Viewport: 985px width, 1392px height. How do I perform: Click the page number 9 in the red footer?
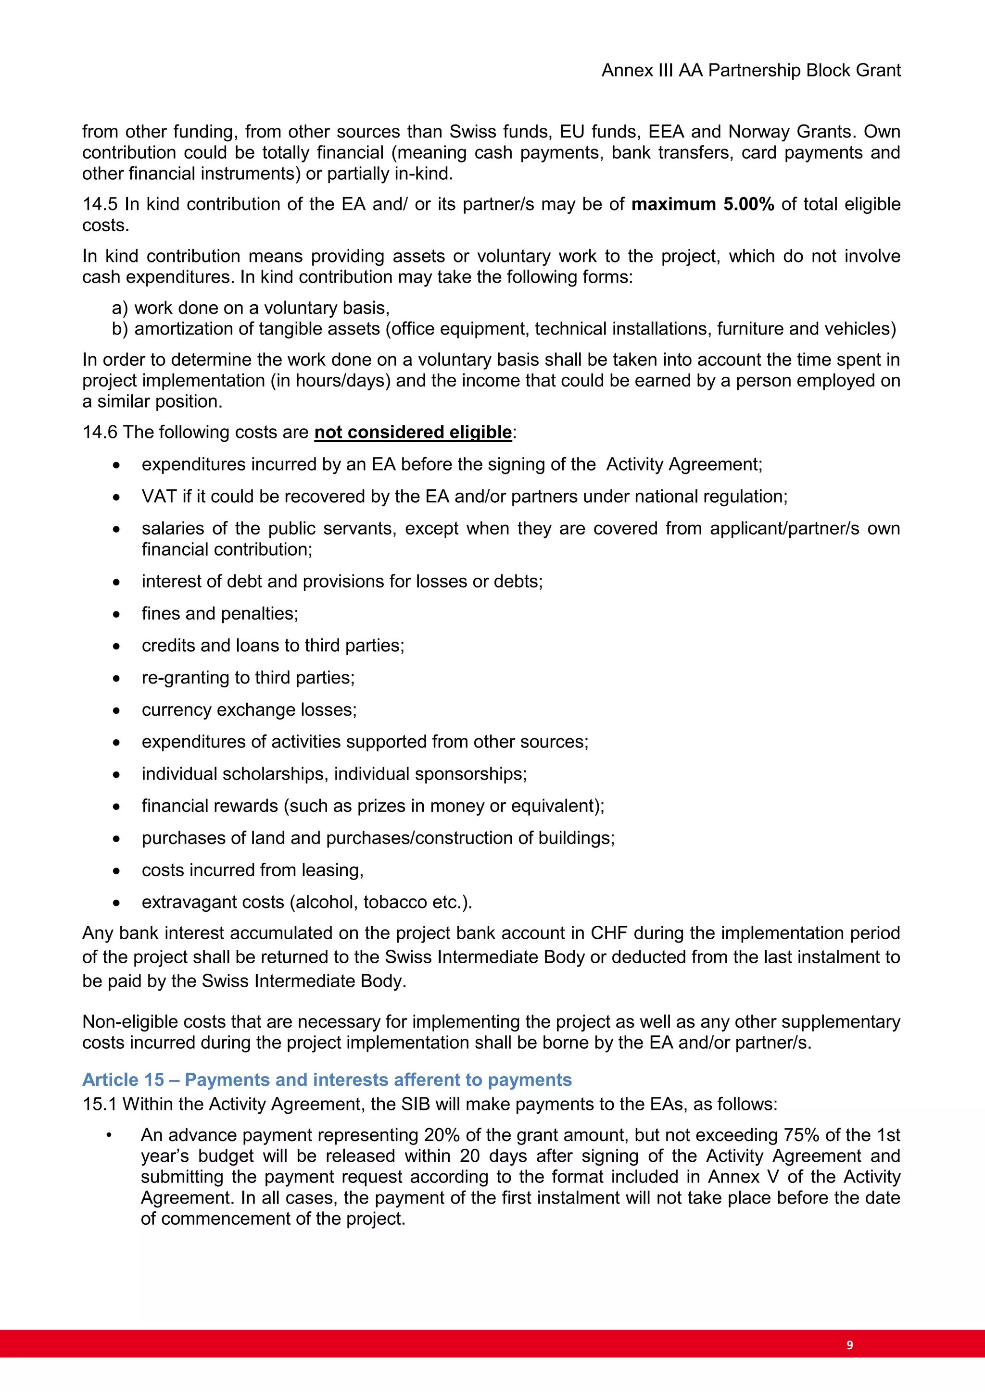click(849, 1345)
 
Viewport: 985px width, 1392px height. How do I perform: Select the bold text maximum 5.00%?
click(702, 204)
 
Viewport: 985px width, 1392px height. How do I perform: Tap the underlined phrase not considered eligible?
click(413, 432)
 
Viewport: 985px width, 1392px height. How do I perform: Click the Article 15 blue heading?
click(327, 1080)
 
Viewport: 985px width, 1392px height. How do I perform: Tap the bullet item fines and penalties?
click(220, 613)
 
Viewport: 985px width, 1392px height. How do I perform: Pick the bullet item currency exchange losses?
click(249, 710)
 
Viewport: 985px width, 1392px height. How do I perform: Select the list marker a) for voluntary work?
click(120, 308)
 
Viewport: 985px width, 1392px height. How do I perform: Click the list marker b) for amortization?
click(120, 329)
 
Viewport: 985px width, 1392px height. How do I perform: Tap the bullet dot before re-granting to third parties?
click(116, 678)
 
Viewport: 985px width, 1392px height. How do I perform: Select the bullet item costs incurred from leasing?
click(253, 870)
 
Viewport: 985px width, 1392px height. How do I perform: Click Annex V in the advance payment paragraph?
click(743, 1177)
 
